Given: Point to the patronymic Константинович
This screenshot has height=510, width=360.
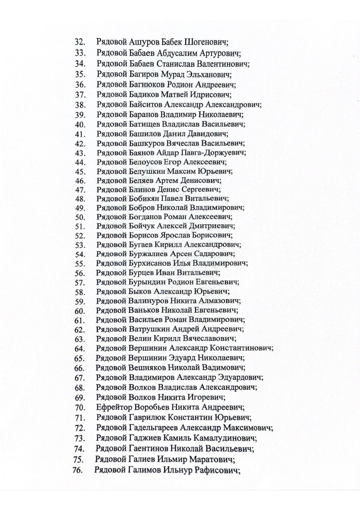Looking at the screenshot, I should pos(241,348).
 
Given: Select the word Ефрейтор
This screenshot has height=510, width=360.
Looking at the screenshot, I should pos(112,407).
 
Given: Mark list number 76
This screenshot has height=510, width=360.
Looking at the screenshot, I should pos(78,470).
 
